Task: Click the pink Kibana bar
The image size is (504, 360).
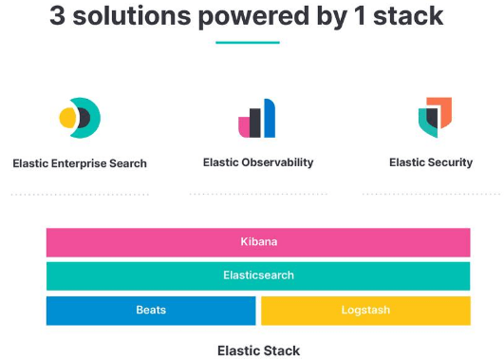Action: click(x=258, y=242)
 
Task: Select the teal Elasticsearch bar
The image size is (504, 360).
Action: click(x=258, y=275)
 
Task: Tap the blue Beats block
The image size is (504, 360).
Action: click(x=151, y=311)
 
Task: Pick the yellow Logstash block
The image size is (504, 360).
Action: click(x=365, y=311)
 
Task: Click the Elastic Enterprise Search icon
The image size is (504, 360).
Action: click(x=80, y=118)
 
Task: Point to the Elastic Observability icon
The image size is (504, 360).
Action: click(x=257, y=119)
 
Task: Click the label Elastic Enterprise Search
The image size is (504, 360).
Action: click(x=80, y=163)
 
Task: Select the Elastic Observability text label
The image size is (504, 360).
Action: click(x=258, y=162)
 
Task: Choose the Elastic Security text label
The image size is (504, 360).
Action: click(x=431, y=162)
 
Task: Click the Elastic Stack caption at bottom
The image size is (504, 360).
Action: click(x=258, y=350)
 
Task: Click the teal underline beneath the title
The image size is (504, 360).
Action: click(x=247, y=42)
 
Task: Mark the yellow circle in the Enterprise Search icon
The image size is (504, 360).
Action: click(x=67, y=118)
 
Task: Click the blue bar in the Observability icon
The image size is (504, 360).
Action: click(x=269, y=119)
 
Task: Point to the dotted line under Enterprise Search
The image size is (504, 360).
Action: click(x=80, y=194)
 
